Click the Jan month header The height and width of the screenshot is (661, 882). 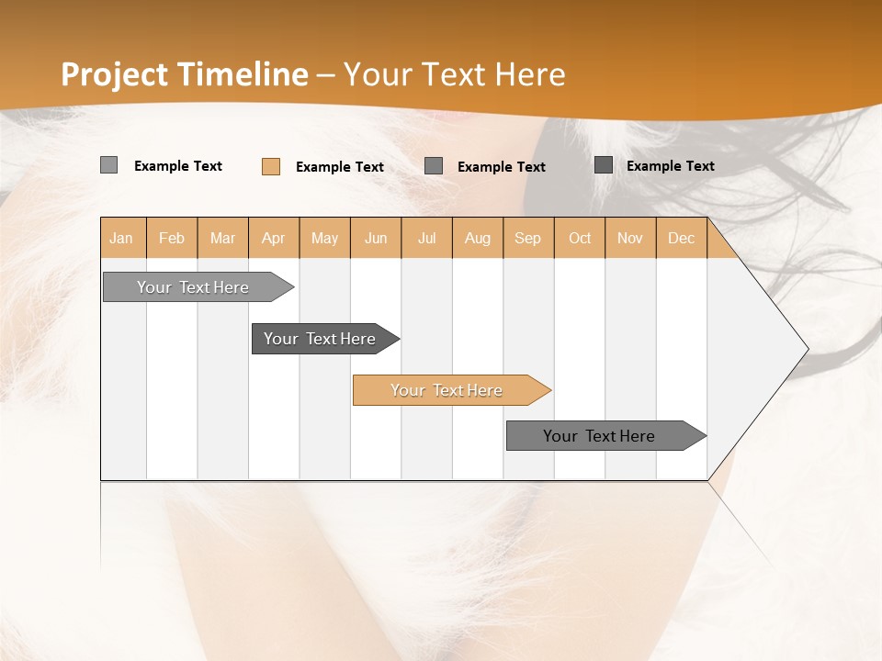pyautogui.click(x=122, y=239)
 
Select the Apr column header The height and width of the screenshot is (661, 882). pyautogui.click(x=274, y=239)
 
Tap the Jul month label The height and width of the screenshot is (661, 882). pyautogui.click(x=427, y=239)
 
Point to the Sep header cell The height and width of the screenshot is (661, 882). pyautogui.click(x=528, y=239)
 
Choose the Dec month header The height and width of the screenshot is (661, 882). pyautogui.click(x=681, y=239)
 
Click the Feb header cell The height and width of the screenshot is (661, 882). pyautogui.click(x=172, y=239)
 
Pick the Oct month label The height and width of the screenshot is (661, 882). pyautogui.click(x=580, y=239)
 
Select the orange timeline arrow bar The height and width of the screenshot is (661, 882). pyautogui.click(x=450, y=390)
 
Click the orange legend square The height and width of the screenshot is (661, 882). pyautogui.click(x=271, y=166)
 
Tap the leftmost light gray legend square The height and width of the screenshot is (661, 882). pyautogui.click(x=109, y=165)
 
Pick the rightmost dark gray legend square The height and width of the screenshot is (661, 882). pyautogui.click(x=604, y=165)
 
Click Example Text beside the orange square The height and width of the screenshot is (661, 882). pyautogui.click(x=340, y=167)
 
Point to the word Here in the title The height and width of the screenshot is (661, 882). pyautogui.click(x=530, y=74)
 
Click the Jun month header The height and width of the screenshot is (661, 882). pyautogui.click(x=376, y=239)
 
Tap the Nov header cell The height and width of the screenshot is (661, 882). pyautogui.click(x=630, y=239)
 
